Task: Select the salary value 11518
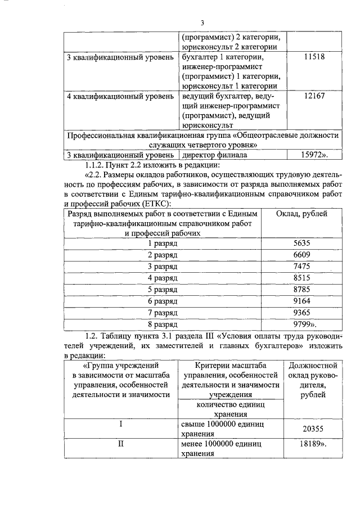314,57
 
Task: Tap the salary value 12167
314,96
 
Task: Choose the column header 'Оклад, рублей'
305,214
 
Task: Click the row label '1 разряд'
163,244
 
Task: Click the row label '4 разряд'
163,278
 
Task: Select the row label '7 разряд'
163,313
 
